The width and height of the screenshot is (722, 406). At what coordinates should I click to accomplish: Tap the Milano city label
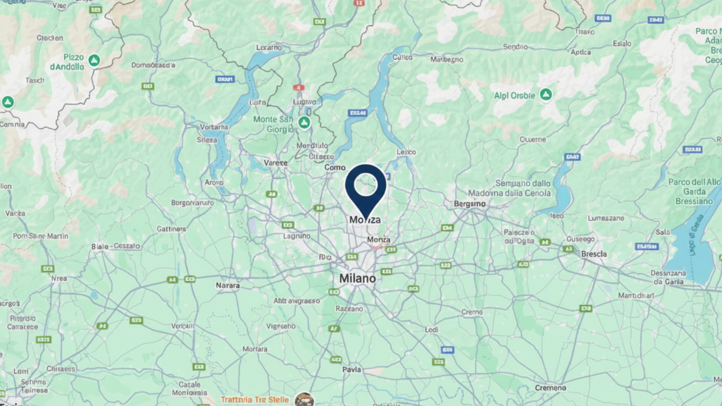(x=358, y=279)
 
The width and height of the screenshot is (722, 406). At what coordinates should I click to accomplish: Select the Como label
(x=335, y=168)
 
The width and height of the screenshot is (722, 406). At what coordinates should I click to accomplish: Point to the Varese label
(x=276, y=163)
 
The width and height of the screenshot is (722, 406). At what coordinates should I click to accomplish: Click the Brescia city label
(x=594, y=254)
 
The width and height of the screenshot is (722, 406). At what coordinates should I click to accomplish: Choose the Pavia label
(x=352, y=370)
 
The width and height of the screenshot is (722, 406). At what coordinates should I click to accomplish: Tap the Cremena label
(x=551, y=388)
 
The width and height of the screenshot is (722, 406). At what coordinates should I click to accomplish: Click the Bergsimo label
(x=470, y=204)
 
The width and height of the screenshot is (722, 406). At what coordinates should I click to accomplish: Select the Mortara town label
(x=255, y=349)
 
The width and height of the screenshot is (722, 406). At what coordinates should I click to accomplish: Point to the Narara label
(x=228, y=286)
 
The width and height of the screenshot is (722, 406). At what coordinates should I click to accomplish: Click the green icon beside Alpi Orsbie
(x=546, y=94)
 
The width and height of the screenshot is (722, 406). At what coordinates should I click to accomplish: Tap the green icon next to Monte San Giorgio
(x=304, y=122)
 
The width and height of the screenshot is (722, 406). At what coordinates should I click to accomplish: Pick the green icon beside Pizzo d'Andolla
(x=94, y=60)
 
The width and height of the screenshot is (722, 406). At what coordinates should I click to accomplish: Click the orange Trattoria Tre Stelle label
(x=255, y=400)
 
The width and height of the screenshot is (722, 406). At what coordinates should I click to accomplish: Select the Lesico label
(x=406, y=152)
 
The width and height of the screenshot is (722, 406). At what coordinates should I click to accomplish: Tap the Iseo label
(x=557, y=216)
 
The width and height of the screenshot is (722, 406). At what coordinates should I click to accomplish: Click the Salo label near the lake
(x=663, y=232)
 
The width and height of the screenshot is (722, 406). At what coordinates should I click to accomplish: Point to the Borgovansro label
(x=193, y=203)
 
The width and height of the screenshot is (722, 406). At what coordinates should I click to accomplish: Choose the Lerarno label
(x=269, y=48)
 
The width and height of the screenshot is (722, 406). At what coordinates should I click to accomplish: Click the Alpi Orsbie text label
(x=514, y=96)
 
